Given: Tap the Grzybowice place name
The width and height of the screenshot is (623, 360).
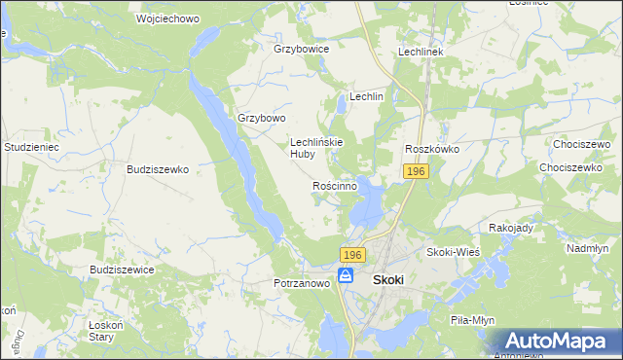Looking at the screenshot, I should (302, 48).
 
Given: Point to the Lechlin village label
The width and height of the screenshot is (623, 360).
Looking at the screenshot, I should (367, 97).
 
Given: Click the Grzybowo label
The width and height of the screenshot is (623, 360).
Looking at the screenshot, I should (262, 119).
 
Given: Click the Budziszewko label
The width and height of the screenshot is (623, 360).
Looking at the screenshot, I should (157, 168).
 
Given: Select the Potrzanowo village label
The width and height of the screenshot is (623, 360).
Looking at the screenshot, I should (303, 284).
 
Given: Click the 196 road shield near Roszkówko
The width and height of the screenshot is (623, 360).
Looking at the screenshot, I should (416, 171).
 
